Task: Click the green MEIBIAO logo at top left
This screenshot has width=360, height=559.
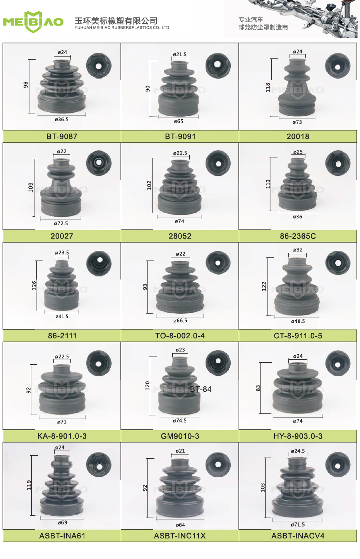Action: click(33, 22)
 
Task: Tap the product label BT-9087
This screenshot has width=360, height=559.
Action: click(62, 137)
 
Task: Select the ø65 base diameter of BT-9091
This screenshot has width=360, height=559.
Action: click(178, 121)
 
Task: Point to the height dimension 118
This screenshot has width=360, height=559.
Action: click(268, 87)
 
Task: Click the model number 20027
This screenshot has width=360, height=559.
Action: click(62, 236)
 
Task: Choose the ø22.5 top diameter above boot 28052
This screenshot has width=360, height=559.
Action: click(180, 153)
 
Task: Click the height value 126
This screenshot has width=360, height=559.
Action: click(34, 285)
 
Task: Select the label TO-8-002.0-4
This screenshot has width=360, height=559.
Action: click(180, 336)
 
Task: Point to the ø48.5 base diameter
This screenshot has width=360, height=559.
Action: click(298, 321)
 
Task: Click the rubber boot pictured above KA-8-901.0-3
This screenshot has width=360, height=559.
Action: click(62, 389)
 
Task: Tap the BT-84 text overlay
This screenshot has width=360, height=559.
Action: click(201, 389)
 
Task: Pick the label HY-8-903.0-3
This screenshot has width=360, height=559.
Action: click(298, 436)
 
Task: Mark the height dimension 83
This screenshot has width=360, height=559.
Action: click(258, 388)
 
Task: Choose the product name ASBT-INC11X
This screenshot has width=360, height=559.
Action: click(180, 536)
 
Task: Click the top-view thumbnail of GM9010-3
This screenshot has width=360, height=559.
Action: click(218, 363)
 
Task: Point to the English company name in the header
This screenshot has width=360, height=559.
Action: click(122, 28)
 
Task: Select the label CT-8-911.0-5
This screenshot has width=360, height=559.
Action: click(298, 336)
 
